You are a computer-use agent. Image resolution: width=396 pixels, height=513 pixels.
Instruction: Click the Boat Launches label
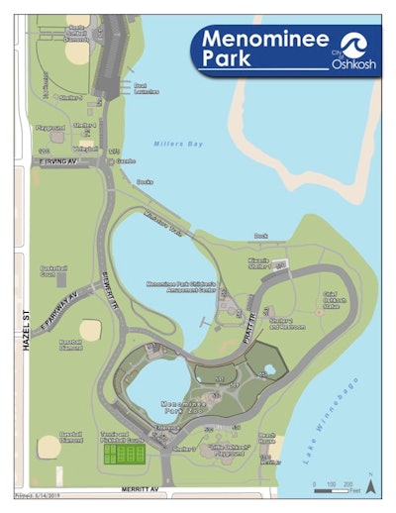(146, 90)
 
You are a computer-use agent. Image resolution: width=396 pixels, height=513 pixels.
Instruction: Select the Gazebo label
(125, 158)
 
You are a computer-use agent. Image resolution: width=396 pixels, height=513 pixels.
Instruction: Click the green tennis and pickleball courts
(125, 454)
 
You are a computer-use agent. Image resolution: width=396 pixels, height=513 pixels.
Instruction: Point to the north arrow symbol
(369, 485)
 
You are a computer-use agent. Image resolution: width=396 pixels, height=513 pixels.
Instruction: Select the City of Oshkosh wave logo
(350, 45)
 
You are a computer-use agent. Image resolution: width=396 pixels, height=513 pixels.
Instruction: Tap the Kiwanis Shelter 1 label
(262, 264)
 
